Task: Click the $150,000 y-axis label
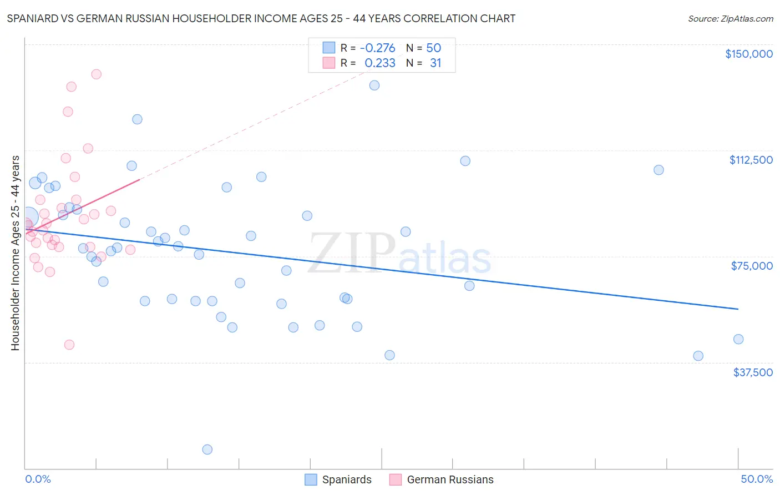[x=748, y=54]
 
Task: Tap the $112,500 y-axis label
[x=751, y=160]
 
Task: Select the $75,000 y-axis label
[x=751, y=266]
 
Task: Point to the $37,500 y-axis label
[x=752, y=372]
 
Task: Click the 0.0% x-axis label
[x=38, y=479]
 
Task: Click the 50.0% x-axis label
[x=756, y=479]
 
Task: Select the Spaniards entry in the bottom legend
[x=338, y=479]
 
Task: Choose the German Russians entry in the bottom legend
[x=442, y=479]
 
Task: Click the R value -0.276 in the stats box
[x=377, y=48]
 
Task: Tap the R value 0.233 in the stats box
[x=379, y=63]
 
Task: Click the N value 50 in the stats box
[x=433, y=48]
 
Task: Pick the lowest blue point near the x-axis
[x=207, y=449]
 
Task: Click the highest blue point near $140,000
[x=374, y=85]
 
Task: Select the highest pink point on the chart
[x=96, y=74]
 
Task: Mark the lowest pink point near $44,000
[x=69, y=345]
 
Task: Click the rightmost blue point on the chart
[x=738, y=339]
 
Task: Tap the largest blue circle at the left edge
[x=28, y=217]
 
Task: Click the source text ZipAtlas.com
[x=730, y=19]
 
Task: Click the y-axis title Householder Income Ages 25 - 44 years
[x=15, y=252]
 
